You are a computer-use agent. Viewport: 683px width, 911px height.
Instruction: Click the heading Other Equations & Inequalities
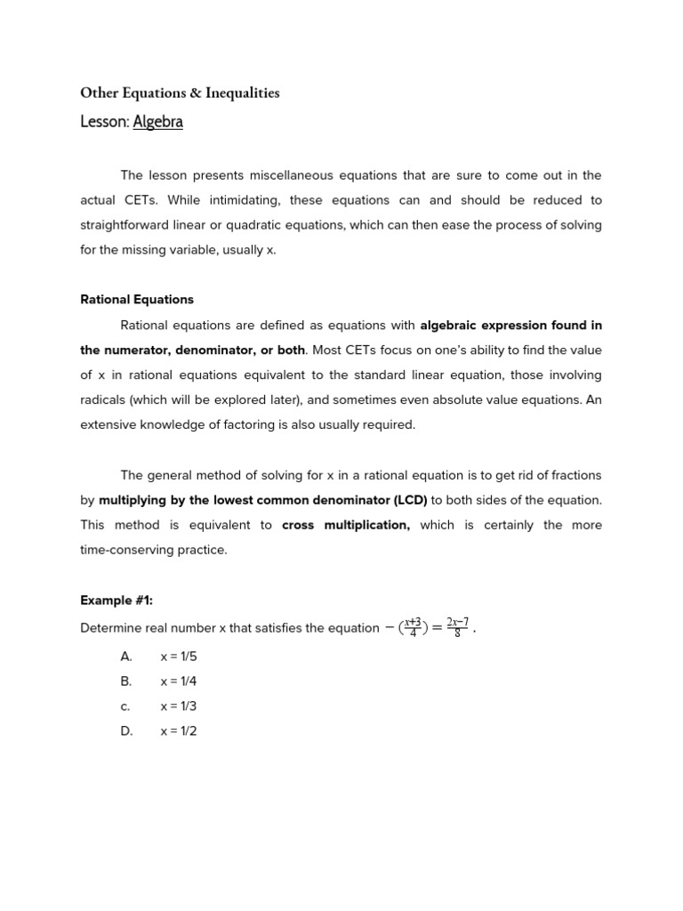180,93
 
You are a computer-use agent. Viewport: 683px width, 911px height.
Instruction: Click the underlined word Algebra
157,122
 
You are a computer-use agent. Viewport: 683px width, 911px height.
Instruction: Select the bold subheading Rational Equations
137,300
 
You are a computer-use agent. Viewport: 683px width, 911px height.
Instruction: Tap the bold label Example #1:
117,601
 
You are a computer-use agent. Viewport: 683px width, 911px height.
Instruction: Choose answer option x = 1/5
179,657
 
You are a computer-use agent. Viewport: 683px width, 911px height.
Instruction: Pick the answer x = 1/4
179,681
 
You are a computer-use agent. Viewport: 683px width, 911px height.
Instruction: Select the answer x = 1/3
179,706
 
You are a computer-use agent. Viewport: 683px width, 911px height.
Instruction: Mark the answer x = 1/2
179,731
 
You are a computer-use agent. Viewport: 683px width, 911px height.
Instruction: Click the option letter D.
126,731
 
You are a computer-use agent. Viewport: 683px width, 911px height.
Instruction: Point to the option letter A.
126,657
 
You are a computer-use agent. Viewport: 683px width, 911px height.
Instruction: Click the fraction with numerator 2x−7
457,627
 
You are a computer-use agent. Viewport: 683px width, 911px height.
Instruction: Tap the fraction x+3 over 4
413,627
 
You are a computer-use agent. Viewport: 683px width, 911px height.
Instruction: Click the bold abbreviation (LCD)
406,500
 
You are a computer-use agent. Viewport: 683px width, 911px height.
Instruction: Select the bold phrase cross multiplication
345,525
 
